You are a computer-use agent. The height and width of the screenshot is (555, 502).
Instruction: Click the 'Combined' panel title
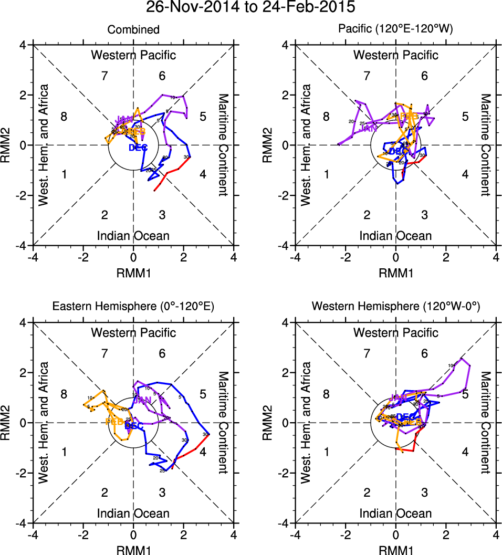[x=133, y=30]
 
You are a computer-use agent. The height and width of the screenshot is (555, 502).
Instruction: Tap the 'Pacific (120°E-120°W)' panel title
[x=395, y=30]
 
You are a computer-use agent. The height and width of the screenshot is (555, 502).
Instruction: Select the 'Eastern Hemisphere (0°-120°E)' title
[x=133, y=308]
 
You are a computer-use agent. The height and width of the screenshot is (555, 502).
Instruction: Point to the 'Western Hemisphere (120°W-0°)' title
[x=395, y=308]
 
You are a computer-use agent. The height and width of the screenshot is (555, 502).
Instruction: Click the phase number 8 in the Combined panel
[x=64, y=117]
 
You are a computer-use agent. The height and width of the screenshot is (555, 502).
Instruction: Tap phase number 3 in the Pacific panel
[x=424, y=214]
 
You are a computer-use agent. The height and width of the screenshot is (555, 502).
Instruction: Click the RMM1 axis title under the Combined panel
[x=133, y=272]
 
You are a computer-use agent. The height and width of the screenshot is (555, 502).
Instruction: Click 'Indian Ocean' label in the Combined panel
[x=133, y=236]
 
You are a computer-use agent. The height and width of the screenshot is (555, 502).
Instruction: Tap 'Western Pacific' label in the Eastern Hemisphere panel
[x=133, y=332]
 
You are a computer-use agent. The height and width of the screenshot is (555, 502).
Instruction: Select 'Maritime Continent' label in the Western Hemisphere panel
[x=485, y=423]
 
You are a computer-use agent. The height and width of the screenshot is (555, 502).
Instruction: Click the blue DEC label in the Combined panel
[x=138, y=148]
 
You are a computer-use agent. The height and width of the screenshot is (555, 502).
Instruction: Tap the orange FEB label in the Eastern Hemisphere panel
[x=114, y=421]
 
